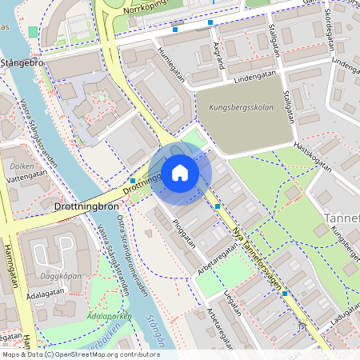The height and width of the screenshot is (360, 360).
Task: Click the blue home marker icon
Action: [179, 172]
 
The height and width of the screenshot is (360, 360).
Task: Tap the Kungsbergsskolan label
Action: [241, 106]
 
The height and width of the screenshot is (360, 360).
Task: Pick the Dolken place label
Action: [22, 166]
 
